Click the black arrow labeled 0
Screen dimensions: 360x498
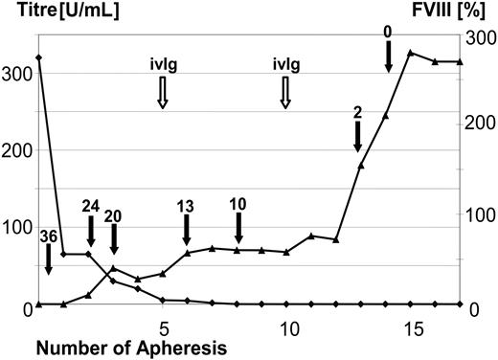tap(387, 57)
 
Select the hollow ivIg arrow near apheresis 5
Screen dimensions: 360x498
tap(163, 93)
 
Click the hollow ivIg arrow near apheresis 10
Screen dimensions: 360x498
tap(285, 93)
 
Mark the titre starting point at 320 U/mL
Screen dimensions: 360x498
tap(38, 58)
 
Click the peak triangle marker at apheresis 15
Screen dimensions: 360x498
tap(411, 53)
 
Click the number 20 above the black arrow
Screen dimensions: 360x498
tap(114, 215)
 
